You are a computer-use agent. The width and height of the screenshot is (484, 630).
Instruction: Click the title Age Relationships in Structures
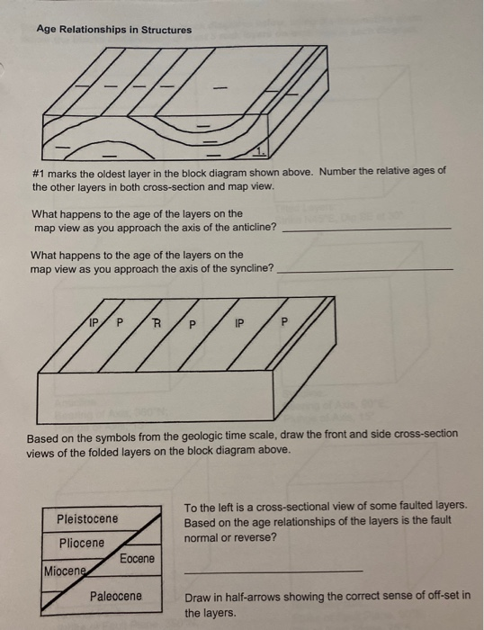113,30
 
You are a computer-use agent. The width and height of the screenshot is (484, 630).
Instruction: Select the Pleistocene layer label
86,518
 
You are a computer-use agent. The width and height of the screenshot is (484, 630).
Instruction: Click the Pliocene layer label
81,543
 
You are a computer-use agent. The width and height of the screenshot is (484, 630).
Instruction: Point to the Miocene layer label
65,571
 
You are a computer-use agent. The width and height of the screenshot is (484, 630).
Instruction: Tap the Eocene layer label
137,559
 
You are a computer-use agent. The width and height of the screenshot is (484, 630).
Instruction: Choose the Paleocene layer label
115,596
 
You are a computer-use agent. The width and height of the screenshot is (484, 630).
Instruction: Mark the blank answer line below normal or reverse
273,571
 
